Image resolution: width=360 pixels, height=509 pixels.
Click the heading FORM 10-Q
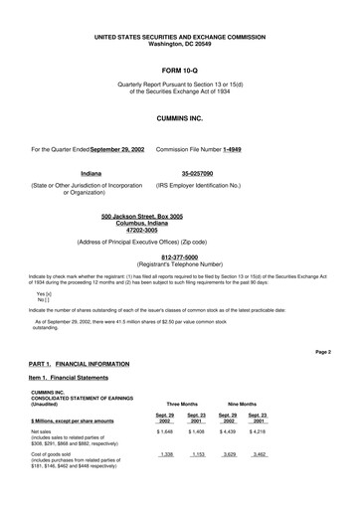[x=180, y=73]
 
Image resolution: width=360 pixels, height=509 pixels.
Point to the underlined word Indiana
[x=90, y=173]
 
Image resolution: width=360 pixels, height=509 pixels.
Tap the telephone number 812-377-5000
[x=179, y=255]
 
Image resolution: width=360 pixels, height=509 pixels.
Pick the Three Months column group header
[x=181, y=405]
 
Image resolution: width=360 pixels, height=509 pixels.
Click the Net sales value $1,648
[x=164, y=432]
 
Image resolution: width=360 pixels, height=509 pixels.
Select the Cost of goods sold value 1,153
[x=196, y=453]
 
